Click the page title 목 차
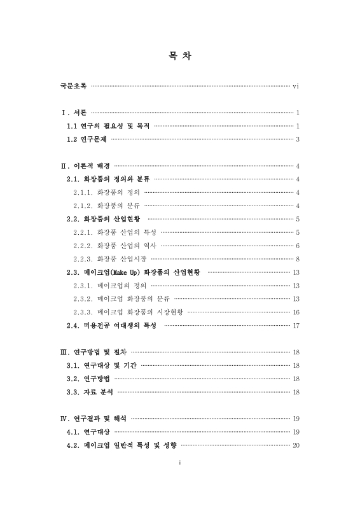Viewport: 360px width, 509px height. click(180, 56)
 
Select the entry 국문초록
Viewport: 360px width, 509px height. click(70, 86)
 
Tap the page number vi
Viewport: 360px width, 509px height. click(296, 86)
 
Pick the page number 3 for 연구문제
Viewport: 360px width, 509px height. click(298, 139)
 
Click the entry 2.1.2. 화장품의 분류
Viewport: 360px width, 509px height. click(106, 205)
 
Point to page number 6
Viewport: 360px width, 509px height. click(298, 245)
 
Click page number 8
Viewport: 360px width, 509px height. click(298, 258)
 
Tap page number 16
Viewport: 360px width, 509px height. click(296, 312)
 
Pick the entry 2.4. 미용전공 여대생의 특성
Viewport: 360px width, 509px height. click(111, 326)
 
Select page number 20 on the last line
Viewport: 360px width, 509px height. click(296, 445)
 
